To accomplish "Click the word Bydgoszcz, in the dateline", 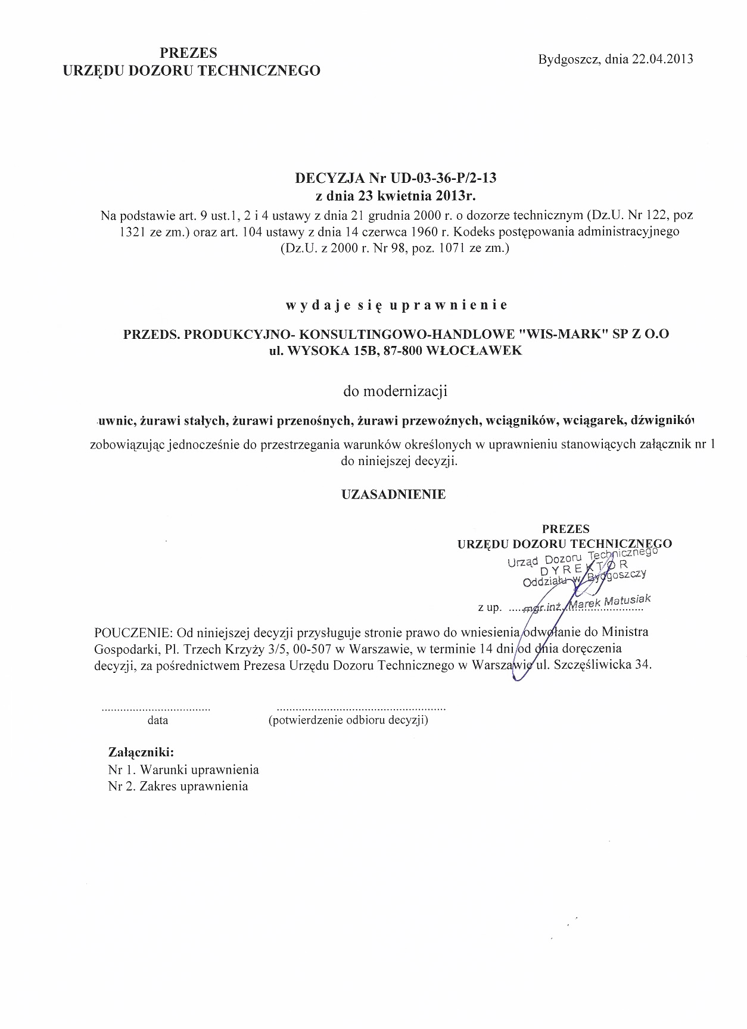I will (569, 59).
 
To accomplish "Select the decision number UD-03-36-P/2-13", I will (443, 177).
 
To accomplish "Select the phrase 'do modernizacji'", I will (396, 392).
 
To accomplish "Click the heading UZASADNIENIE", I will (393, 494).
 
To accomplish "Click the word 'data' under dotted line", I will (158, 721).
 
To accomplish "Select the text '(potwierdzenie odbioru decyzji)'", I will (348, 721).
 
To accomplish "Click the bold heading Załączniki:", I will (141, 752).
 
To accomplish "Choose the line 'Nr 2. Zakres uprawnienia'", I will (178, 787).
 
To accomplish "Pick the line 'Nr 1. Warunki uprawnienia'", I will (183, 769).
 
